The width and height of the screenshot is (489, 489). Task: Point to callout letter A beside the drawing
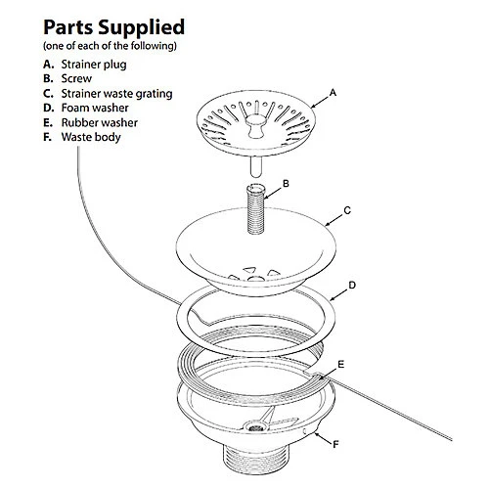(x=333, y=91)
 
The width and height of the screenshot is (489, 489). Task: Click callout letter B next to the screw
(x=286, y=183)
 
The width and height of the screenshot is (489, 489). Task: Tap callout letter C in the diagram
(x=347, y=210)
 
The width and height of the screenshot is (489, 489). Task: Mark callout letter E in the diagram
(x=339, y=363)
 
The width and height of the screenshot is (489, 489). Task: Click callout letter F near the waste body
(x=335, y=446)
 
